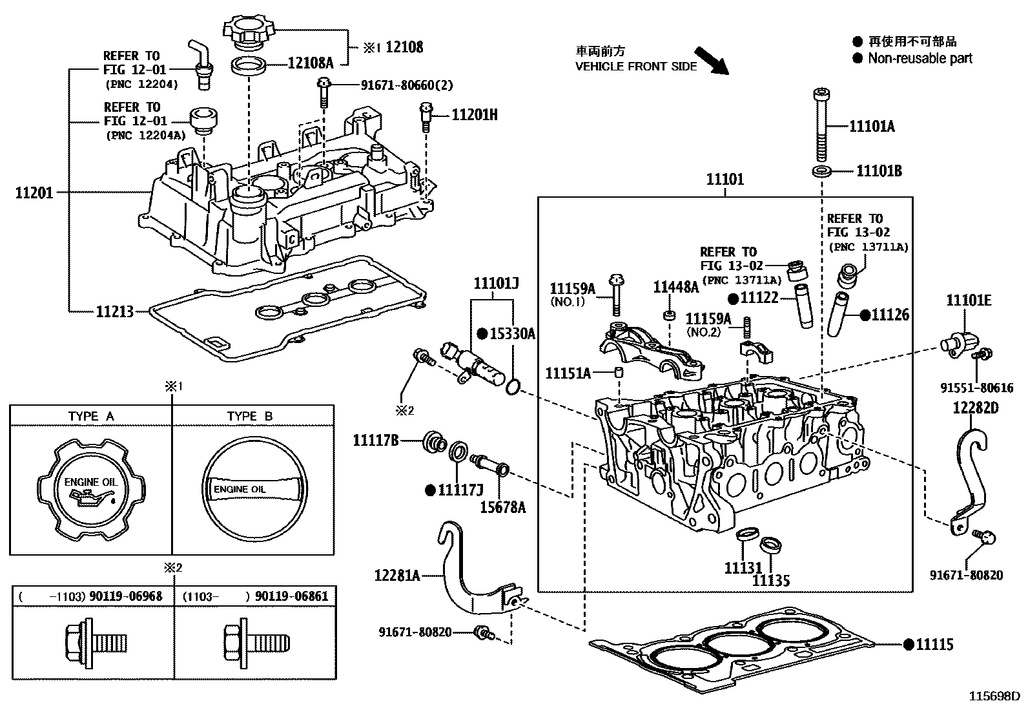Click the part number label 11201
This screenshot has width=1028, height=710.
(34, 192)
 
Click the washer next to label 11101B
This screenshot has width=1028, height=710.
(821, 172)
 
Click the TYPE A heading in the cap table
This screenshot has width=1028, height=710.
(90, 416)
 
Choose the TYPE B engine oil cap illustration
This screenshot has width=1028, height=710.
(252, 489)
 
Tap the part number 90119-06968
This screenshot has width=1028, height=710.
(127, 596)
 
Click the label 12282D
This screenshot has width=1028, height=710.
(974, 408)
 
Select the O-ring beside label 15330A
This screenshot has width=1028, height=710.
(513, 386)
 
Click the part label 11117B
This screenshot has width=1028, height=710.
(375, 441)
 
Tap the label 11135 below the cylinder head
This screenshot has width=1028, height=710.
(770, 580)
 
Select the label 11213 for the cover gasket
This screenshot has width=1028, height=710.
(114, 312)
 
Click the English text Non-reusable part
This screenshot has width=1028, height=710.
(920, 59)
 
